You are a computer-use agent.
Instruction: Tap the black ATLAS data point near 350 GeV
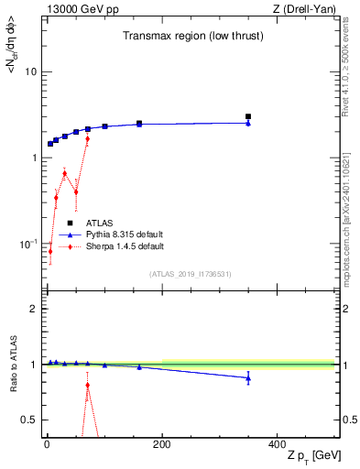tap(248, 116)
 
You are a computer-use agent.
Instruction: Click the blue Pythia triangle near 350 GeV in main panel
tap(248, 123)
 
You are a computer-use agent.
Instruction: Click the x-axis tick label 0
tap(47, 444)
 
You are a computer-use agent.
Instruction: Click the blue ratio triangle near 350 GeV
tap(248, 378)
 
